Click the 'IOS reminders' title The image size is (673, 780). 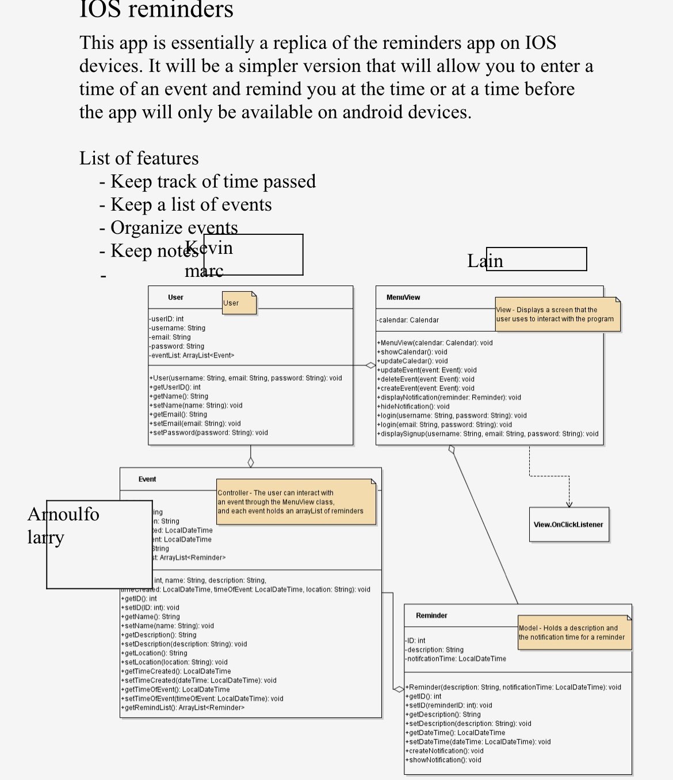point(156,10)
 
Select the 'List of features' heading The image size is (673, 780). point(139,158)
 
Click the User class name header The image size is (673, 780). point(175,298)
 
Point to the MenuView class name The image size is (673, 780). point(403,298)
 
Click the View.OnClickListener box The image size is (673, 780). point(568,524)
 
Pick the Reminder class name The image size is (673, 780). point(431,615)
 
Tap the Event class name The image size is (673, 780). point(147,479)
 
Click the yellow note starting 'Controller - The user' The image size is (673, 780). point(296,502)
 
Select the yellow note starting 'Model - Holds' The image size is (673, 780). point(574,633)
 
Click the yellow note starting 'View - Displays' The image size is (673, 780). point(557,314)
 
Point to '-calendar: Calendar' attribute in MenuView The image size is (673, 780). point(408,320)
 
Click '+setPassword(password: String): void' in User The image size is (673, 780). point(208,433)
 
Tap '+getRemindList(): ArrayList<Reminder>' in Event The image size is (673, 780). point(182,707)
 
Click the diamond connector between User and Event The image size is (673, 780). point(250,462)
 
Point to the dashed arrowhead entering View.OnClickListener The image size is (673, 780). point(569,504)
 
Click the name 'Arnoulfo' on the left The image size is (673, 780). point(63,514)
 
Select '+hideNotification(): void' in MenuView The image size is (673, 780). point(413,406)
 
